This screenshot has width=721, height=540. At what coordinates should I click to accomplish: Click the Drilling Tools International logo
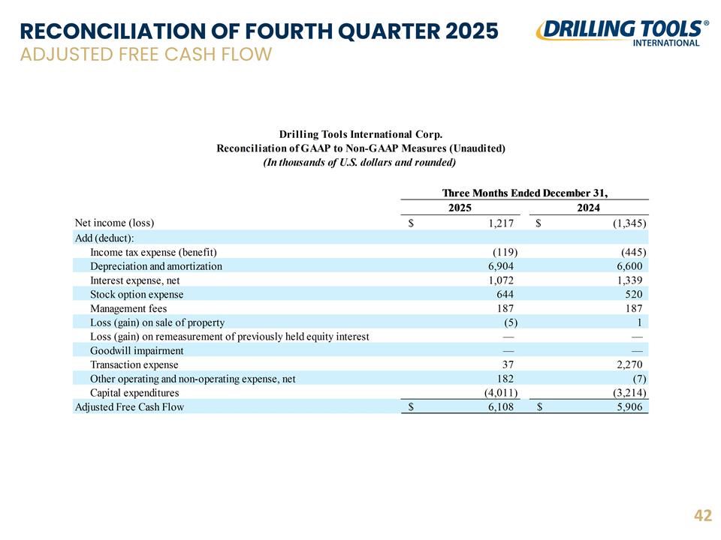[621, 33]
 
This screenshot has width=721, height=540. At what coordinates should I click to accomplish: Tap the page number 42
[703, 515]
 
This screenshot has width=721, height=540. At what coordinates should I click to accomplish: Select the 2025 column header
[460, 208]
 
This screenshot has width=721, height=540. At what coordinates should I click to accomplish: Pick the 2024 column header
[589, 208]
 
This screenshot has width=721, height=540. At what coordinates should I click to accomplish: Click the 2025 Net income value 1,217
[501, 223]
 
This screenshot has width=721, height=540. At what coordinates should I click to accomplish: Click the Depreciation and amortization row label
[156, 266]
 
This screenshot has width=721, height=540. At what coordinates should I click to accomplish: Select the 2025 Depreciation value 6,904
[501, 266]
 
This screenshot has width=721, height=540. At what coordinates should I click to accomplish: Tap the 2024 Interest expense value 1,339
[629, 280]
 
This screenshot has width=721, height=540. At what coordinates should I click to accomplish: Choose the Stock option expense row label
[137, 294]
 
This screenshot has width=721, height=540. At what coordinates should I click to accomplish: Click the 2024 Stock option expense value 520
[634, 294]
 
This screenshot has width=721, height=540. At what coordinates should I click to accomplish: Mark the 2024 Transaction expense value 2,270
[629, 365]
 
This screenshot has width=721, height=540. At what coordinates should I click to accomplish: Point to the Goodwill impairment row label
[137, 351]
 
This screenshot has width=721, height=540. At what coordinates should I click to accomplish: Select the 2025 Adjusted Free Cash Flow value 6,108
[501, 407]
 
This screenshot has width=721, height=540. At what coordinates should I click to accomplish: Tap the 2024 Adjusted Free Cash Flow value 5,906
[629, 407]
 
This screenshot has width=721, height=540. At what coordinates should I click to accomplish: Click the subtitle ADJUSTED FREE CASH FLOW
[146, 54]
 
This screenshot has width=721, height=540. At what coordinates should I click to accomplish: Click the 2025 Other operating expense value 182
[505, 379]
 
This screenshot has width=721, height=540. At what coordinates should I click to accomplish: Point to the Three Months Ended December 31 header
[525, 193]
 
